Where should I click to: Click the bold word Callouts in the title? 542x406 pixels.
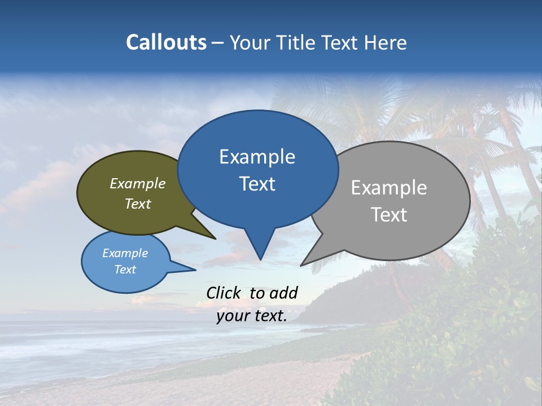coord(166,42)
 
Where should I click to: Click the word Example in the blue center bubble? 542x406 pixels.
coord(257,157)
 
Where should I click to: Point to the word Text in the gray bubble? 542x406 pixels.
coord(389,215)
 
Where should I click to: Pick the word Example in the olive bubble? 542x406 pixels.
coord(138,184)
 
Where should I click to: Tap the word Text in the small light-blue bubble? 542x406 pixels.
coord(125,270)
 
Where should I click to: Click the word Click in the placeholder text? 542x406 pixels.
coord(224,293)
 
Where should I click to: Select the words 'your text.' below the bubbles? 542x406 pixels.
coord(252,316)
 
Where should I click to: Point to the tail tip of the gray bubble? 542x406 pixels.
coord(301,265)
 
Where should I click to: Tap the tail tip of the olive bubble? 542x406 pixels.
coord(215,239)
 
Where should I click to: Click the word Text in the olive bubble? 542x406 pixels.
coord(138,204)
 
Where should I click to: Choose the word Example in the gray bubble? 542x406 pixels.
coord(389,188)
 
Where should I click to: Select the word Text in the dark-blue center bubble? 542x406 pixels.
coord(257,184)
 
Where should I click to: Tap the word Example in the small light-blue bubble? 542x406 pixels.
coord(125,253)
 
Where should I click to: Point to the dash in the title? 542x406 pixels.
coord(218,42)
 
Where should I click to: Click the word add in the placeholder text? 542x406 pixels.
coord(283,293)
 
